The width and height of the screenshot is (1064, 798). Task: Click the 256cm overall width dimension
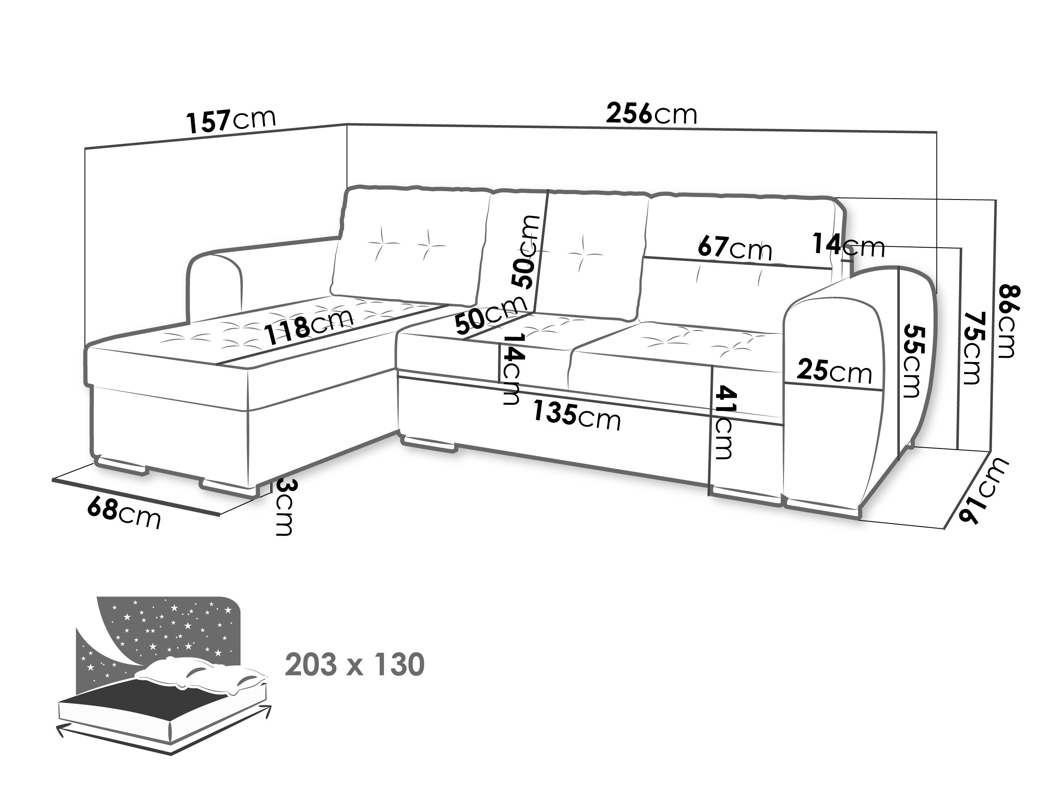651,114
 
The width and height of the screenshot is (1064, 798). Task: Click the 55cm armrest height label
912,361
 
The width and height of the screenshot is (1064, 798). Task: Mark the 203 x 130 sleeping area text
355,664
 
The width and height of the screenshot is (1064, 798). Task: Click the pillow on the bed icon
202,676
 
